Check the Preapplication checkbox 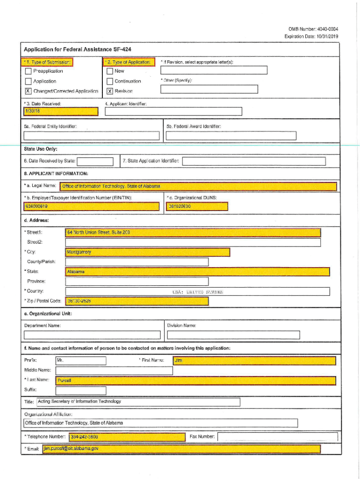pyautogui.click(x=28, y=71)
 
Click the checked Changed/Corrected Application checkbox pyautogui.click(x=28, y=91)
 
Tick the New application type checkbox pyautogui.click(x=110, y=71)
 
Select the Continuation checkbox pyautogui.click(x=110, y=81)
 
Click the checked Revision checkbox pyautogui.click(x=110, y=91)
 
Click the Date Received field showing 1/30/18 pyautogui.click(x=61, y=111)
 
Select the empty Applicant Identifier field pyautogui.click(x=173, y=111)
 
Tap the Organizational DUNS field pyautogui.click(x=197, y=206)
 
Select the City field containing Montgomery pyautogui.click(x=148, y=252)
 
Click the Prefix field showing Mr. pyautogui.click(x=80, y=361)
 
